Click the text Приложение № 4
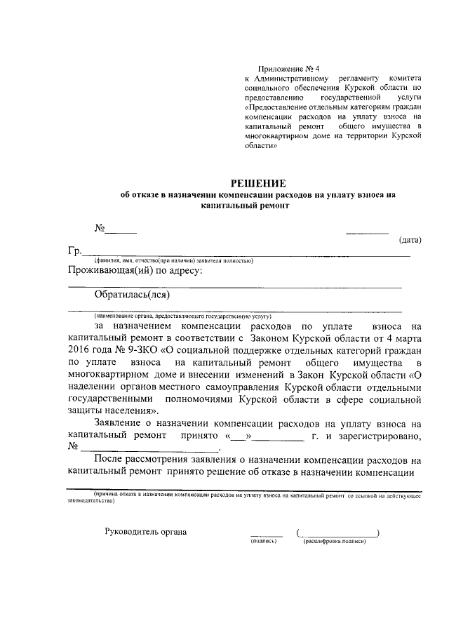pyautogui.click(x=288, y=69)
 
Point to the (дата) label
pyautogui.click(x=410, y=241)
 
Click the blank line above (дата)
pyautogui.click(x=367, y=232)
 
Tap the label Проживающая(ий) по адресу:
pyautogui.click(x=135, y=270)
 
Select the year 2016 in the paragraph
pyautogui.click(x=82, y=349)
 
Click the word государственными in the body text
pyautogui.click(x=110, y=399)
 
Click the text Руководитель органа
pyautogui.click(x=146, y=531)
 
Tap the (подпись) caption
pyautogui.click(x=264, y=542)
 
